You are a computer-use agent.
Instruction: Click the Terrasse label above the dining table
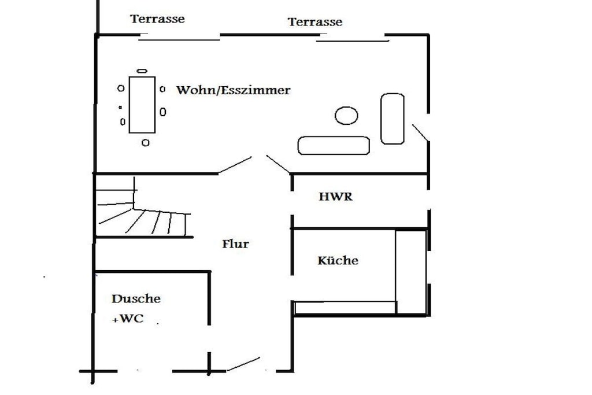(157, 19)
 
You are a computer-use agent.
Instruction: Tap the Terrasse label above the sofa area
(315, 21)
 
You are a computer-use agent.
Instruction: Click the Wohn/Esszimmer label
(234, 90)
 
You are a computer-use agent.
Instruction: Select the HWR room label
(336, 197)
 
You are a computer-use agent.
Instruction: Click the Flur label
(236, 243)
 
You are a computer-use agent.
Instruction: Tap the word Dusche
(136, 298)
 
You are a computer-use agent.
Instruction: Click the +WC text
(128, 318)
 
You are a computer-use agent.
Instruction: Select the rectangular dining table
(142, 105)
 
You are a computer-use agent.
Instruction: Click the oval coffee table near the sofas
(346, 115)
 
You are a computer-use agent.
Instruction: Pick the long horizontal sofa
(334, 145)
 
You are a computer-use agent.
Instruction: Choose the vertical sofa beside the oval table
(393, 119)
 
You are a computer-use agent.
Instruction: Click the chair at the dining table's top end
(142, 71)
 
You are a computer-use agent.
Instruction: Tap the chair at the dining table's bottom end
(145, 142)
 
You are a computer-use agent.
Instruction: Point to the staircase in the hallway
(143, 212)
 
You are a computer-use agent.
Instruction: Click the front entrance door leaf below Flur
(243, 364)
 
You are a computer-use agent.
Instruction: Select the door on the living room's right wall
(420, 132)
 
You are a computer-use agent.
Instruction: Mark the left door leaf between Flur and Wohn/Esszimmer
(235, 165)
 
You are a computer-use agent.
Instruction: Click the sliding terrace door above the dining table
(179, 39)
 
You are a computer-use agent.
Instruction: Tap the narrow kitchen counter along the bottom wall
(345, 308)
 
